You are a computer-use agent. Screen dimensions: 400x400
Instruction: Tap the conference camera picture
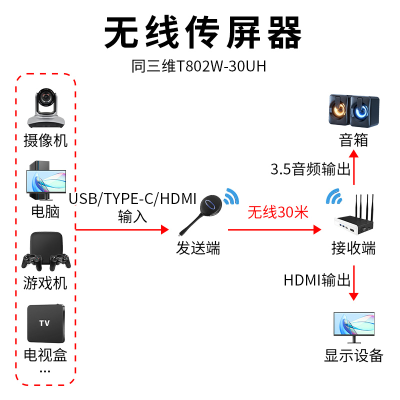(x=45, y=108)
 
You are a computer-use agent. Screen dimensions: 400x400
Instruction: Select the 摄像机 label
(x=45, y=140)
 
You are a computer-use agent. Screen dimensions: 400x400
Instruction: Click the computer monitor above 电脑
(x=46, y=180)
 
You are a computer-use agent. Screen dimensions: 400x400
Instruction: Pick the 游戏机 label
(x=45, y=283)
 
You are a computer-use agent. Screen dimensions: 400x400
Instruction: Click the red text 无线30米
(x=278, y=212)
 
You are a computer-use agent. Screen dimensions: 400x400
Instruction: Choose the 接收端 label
(x=353, y=248)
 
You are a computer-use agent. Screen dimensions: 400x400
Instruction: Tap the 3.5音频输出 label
(x=310, y=169)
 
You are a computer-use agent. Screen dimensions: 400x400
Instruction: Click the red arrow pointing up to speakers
(x=354, y=167)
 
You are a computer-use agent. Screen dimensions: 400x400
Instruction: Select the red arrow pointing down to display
(x=354, y=282)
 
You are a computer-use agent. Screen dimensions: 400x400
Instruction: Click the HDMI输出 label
(x=317, y=280)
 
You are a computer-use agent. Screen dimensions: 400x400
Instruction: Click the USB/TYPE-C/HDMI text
(x=132, y=199)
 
